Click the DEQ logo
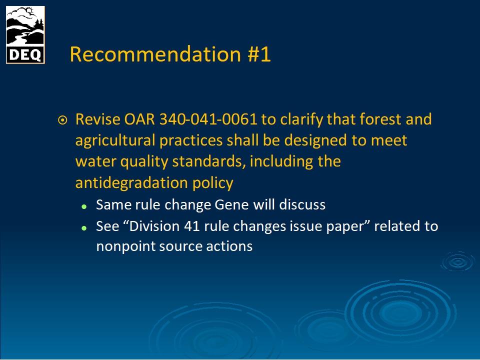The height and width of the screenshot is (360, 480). pyautogui.click(x=25, y=35)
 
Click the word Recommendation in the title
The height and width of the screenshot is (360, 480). pyautogui.click(x=155, y=54)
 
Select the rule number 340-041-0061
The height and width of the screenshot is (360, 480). pyautogui.click(x=208, y=119)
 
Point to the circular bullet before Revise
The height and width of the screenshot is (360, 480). pyautogui.click(x=62, y=120)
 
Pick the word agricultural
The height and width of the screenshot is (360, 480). pyautogui.click(x=115, y=140)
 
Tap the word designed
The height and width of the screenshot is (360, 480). pyautogui.click(x=315, y=140)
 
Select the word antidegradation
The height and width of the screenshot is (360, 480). pyautogui.click(x=131, y=183)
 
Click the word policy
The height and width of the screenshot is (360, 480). pyautogui.click(x=213, y=183)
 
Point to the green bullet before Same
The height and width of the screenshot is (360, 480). pyautogui.click(x=84, y=206)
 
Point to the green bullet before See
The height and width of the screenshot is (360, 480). pyautogui.click(x=84, y=228)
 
